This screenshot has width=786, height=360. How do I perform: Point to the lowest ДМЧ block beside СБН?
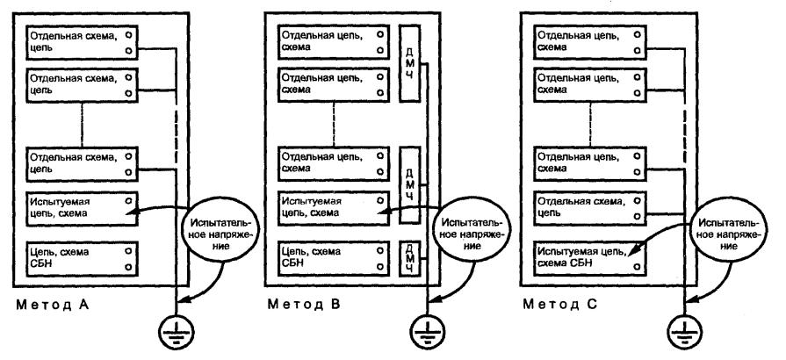point(409,256)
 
